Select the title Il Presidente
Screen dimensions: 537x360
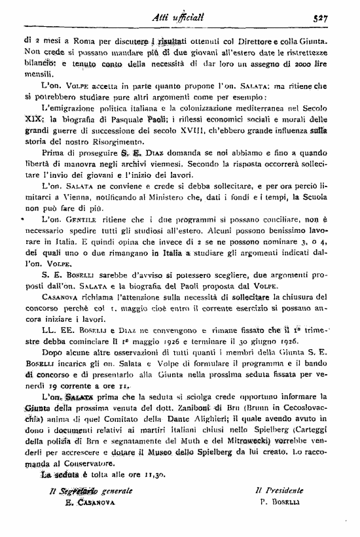click(x=279, y=489)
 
